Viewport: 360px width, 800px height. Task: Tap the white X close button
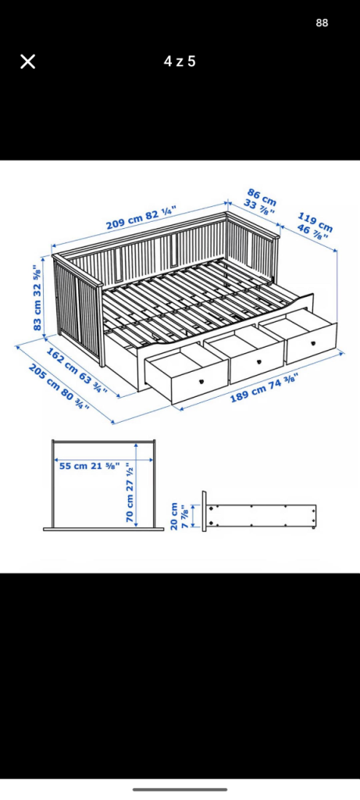pyautogui.click(x=27, y=62)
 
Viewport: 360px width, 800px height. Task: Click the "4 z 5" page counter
pyautogui.click(x=180, y=62)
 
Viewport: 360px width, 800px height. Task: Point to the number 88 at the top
pyautogui.click(x=322, y=23)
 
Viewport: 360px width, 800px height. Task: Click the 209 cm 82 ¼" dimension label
pyautogui.click(x=141, y=219)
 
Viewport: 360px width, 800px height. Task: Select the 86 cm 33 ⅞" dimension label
pyautogui.click(x=259, y=202)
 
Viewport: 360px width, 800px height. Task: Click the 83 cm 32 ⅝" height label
pyautogui.click(x=37, y=298)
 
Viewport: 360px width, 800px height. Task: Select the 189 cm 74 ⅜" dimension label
pyautogui.click(x=264, y=387)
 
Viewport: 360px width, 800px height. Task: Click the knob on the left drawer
pyautogui.click(x=201, y=380)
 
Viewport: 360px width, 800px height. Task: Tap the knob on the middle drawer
pyautogui.click(x=258, y=362)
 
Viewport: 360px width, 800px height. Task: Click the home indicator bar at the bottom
pyautogui.click(x=180, y=790)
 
